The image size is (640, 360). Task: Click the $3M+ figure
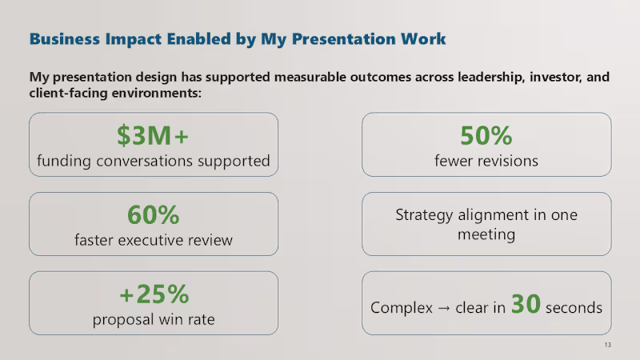[x=154, y=137]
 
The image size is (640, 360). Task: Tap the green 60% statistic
[x=154, y=215]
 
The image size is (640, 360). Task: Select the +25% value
[x=154, y=294]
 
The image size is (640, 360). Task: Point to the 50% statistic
[x=486, y=135]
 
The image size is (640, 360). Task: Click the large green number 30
[x=526, y=305]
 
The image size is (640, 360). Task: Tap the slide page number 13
[x=608, y=345]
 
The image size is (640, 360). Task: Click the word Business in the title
[x=63, y=38]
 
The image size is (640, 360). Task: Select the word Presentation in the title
[x=339, y=38]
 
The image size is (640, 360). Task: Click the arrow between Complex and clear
[x=438, y=308]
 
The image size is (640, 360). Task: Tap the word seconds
[x=574, y=308]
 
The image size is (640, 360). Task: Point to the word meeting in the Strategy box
[x=486, y=235]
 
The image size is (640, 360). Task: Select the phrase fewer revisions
[x=486, y=162]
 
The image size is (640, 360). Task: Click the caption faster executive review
[x=154, y=240]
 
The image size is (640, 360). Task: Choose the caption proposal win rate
[x=154, y=320]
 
